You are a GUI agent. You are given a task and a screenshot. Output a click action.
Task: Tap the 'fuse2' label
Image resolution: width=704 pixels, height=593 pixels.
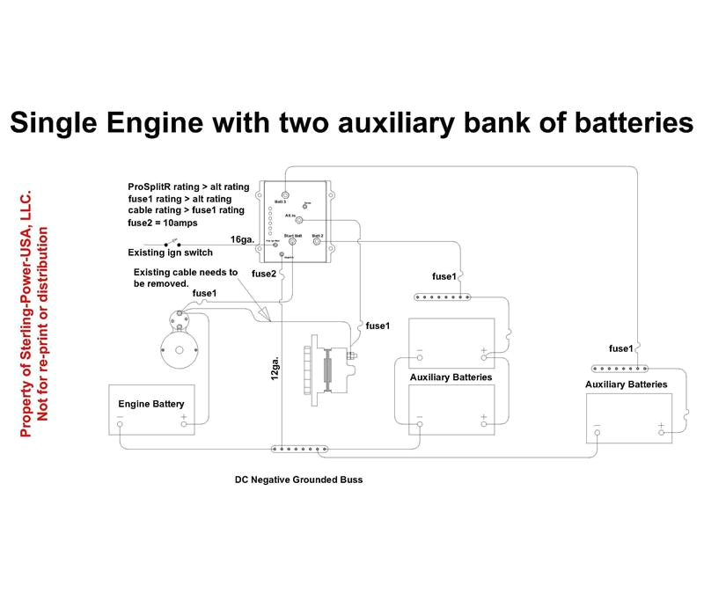[x=264, y=275]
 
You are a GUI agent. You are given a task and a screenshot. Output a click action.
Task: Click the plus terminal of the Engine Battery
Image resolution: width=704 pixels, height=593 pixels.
[x=185, y=424]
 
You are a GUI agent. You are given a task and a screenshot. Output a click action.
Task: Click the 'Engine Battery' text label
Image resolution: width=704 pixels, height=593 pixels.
[x=151, y=404]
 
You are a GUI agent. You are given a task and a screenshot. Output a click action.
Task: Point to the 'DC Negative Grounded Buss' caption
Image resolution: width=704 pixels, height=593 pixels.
[x=298, y=480]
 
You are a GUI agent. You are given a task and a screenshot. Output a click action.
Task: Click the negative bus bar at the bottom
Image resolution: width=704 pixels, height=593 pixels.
[x=299, y=450]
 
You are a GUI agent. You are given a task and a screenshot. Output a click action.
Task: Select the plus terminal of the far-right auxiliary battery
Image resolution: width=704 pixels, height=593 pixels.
[x=661, y=432]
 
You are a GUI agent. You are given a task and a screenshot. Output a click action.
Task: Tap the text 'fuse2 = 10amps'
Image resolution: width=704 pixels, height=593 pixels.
[x=163, y=223]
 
